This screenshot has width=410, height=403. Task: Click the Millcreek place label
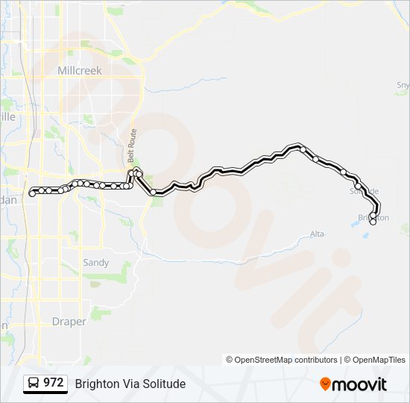80,69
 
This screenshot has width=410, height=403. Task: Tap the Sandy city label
95,263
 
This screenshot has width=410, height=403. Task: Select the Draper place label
69,322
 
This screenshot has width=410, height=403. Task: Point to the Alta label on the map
318,234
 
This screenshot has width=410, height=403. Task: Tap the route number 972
53,383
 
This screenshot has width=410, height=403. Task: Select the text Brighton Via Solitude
130,384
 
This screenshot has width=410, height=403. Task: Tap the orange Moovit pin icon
325,384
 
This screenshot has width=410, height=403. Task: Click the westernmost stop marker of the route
32,193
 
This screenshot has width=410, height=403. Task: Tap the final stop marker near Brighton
373,221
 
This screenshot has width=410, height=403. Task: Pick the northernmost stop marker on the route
302,149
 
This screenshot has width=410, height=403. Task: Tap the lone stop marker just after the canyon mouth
154,193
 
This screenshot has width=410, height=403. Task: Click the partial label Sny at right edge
403,85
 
